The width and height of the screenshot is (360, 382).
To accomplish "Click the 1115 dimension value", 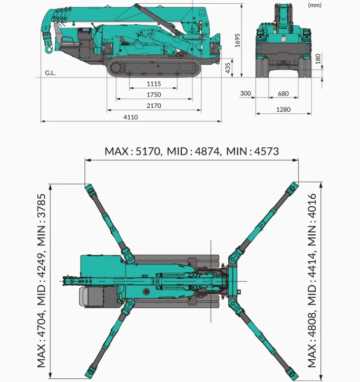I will pyautogui.click(x=154, y=84).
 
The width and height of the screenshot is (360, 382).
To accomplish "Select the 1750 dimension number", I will pyautogui.click(x=154, y=95).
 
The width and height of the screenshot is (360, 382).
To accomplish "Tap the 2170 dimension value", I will pyautogui.click(x=154, y=106).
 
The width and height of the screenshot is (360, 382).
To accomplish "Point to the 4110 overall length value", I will pyautogui.click(x=131, y=117).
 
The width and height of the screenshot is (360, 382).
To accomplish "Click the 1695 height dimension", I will pyautogui.click(x=238, y=41).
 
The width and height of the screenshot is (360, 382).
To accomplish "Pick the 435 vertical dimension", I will pyautogui.click(x=228, y=68).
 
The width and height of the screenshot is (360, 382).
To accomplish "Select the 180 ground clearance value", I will pyautogui.click(x=317, y=59).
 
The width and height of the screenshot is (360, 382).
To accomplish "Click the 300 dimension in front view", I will pyautogui.click(x=246, y=93).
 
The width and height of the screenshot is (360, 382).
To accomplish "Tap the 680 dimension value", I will pyautogui.click(x=283, y=93).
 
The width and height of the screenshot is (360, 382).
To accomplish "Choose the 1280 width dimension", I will pyautogui.click(x=283, y=110).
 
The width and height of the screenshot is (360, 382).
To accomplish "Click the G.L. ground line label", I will pyautogui.click(x=50, y=73).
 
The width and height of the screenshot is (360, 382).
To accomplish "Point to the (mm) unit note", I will pyautogui.click(x=314, y=5).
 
